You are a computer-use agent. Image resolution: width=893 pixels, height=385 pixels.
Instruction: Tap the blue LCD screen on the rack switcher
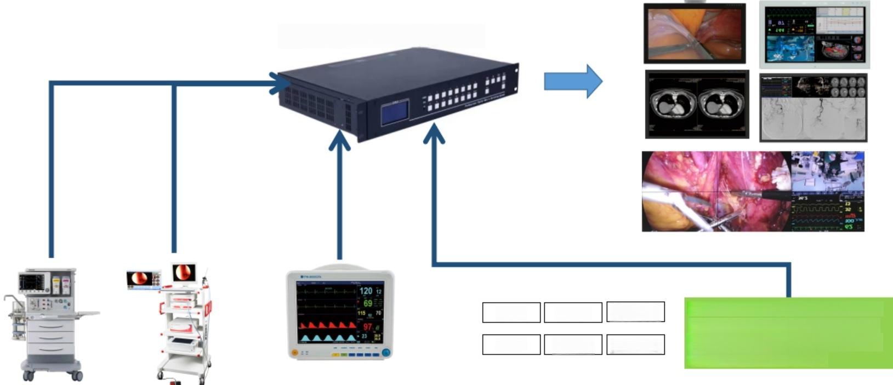(395, 113)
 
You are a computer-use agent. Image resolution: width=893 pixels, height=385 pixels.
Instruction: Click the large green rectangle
(788, 333)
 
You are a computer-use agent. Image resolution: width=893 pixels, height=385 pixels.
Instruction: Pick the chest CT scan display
(697, 104)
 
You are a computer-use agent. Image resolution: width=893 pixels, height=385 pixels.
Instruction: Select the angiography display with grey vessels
(814, 108)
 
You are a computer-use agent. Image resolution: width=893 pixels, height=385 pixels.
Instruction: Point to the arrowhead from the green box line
(434, 134)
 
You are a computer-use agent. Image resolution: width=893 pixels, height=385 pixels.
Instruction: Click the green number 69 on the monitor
(367, 303)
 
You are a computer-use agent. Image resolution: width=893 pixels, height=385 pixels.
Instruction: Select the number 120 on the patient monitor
(366, 291)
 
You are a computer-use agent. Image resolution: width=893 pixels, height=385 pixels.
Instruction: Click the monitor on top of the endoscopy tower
(183, 272)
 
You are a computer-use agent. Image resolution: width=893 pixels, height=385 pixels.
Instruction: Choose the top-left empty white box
(511, 312)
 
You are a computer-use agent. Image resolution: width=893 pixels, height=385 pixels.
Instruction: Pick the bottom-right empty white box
(635, 344)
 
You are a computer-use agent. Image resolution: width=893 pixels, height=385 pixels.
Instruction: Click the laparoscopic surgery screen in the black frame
(695, 33)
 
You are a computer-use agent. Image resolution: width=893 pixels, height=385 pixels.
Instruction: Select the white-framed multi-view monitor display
(814, 35)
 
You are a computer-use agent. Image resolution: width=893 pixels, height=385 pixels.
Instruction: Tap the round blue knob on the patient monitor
(386, 353)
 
